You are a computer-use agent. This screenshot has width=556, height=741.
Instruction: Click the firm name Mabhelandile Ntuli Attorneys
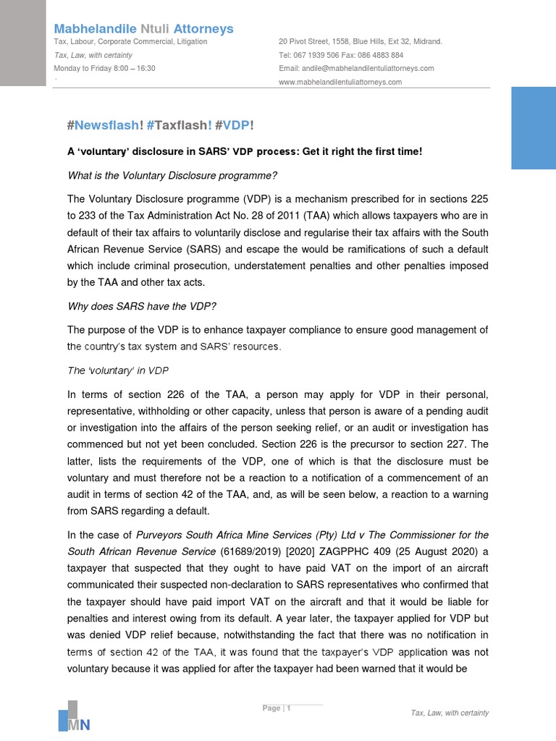[x=143, y=29]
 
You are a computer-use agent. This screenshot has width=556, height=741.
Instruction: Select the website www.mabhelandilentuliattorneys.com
[x=340, y=82]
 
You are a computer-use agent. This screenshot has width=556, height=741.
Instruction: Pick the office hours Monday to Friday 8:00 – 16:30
[x=104, y=69]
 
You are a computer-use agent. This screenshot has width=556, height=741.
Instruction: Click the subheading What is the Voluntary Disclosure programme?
[x=172, y=175]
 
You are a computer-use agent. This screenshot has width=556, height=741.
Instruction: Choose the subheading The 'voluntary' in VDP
[x=117, y=371]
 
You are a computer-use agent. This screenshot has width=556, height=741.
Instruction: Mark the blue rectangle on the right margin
[x=533, y=128]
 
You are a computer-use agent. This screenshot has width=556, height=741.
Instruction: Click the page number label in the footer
[x=276, y=708]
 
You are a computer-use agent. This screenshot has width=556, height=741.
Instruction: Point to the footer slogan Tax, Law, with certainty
[x=450, y=713]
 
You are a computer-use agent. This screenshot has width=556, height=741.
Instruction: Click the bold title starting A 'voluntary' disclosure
[x=245, y=151]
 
